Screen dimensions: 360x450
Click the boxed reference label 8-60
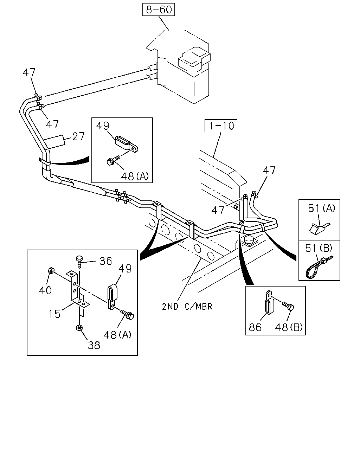(159, 9)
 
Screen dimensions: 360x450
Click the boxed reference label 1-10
(221, 126)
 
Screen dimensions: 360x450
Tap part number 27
(78, 136)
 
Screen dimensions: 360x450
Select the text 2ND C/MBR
(187, 307)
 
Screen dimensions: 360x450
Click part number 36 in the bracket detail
(105, 261)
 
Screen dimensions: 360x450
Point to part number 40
(45, 290)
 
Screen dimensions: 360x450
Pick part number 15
(54, 314)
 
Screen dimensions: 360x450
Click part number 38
(94, 346)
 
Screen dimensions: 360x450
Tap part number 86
(255, 327)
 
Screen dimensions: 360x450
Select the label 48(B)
(289, 327)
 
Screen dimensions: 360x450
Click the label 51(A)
(321, 208)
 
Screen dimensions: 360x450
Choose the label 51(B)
(319, 248)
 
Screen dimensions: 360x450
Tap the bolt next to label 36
(79, 261)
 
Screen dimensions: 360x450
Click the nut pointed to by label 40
(51, 270)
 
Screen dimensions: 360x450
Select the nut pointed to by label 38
(79, 328)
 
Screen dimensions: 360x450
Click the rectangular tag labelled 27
(54, 142)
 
